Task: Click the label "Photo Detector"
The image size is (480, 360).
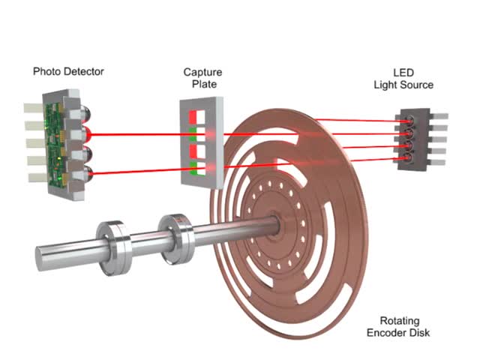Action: [68, 72]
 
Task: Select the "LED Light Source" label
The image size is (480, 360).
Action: [403, 79]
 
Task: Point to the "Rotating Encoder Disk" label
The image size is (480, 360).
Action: [399, 327]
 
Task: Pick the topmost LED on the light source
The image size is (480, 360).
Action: [409, 120]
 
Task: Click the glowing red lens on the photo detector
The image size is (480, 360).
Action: [88, 135]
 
